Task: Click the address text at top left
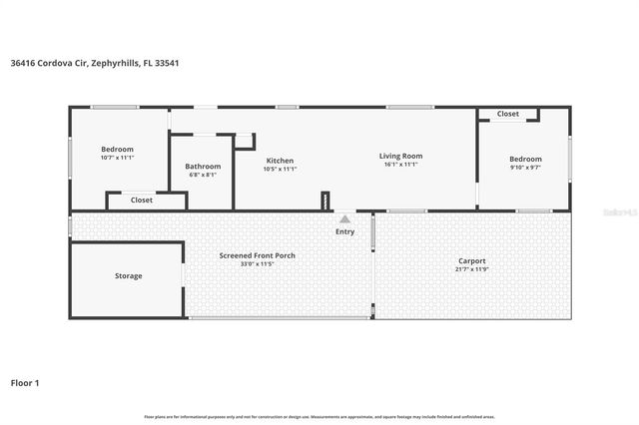[x=95, y=63]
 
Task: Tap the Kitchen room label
[x=279, y=161]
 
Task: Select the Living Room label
[x=400, y=156]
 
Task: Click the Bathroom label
[x=203, y=167]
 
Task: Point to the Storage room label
[x=128, y=275]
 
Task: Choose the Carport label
[x=470, y=261]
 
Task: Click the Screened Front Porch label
[x=257, y=255]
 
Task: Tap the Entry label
[x=344, y=231]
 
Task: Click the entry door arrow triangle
[x=344, y=217]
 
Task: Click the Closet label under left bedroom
[x=142, y=200]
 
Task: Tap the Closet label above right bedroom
[x=508, y=114]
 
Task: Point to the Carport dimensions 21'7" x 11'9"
[x=470, y=269]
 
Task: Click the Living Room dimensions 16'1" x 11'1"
[x=400, y=165]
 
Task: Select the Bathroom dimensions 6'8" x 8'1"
[x=203, y=175]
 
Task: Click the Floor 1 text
[x=25, y=382]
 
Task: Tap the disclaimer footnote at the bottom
[x=319, y=416]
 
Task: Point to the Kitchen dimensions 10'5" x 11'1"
[x=279, y=169]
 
